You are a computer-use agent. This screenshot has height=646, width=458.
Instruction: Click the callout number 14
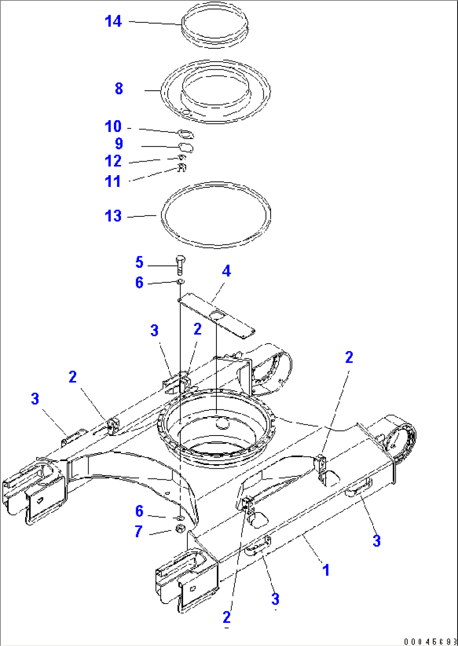pyautogui.click(x=113, y=21)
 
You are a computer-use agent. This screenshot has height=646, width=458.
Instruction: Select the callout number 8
pyautogui.click(x=119, y=89)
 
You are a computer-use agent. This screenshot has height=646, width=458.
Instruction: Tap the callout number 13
pyautogui.click(x=113, y=216)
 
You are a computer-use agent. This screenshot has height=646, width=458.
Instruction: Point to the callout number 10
pyautogui.click(x=113, y=126)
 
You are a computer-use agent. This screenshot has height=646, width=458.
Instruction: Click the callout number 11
pyautogui.click(x=113, y=181)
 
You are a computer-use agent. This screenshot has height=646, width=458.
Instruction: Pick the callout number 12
pyautogui.click(x=113, y=161)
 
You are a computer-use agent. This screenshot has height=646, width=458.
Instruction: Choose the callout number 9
pyautogui.click(x=119, y=144)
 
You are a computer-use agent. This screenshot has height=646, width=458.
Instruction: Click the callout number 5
pyautogui.click(x=140, y=263)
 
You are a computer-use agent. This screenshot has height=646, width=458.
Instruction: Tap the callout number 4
pyautogui.click(x=226, y=271)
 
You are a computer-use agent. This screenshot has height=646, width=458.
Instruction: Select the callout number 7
pyautogui.click(x=139, y=531)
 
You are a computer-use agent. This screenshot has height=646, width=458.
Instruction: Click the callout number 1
pyautogui.click(x=326, y=570)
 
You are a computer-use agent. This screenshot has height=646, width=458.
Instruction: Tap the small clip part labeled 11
pyautogui.click(x=182, y=168)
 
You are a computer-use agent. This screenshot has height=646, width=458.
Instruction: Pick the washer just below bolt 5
pyautogui.click(x=180, y=281)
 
